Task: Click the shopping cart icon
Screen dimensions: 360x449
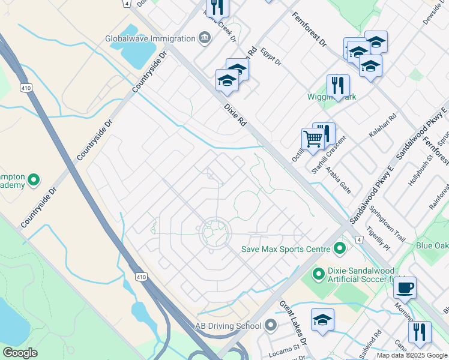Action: pos(313,139)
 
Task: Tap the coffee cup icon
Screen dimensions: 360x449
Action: pos(405,287)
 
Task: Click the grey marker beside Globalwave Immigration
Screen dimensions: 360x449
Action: pos(205,38)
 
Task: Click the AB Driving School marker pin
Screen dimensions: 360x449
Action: pos(270,326)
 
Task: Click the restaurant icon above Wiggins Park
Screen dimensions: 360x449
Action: pos(338,85)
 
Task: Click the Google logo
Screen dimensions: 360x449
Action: pos(19,353)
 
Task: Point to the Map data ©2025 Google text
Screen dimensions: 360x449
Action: pos(412,355)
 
